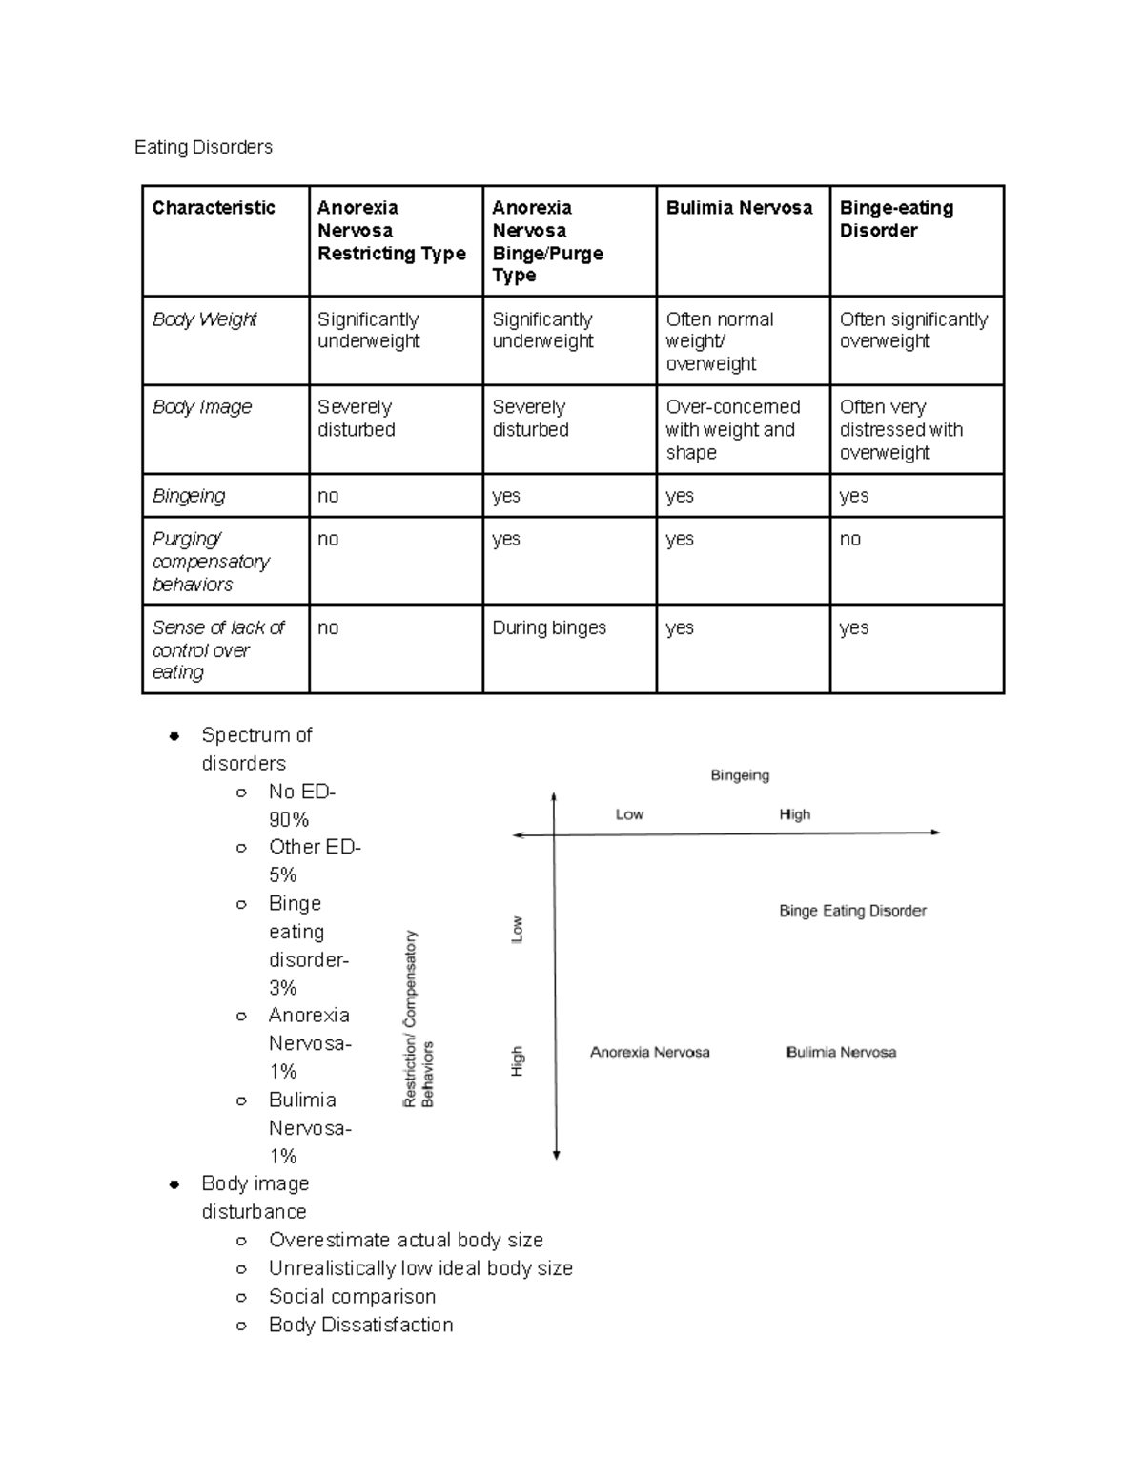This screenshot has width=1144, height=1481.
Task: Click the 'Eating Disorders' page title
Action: tap(203, 147)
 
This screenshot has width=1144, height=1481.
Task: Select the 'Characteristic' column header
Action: tap(214, 208)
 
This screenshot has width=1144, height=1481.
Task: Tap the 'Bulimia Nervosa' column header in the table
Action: tap(739, 208)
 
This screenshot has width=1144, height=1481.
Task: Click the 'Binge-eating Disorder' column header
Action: tap(896, 219)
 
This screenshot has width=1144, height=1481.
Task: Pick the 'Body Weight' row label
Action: tap(205, 319)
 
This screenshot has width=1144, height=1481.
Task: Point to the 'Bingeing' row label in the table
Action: tap(189, 496)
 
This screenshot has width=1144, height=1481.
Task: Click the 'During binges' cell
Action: tap(549, 627)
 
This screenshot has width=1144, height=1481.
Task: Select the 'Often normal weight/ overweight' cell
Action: tap(720, 341)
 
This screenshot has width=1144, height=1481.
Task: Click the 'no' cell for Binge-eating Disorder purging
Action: tap(850, 540)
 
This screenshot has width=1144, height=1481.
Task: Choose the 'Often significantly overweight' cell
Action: tap(913, 331)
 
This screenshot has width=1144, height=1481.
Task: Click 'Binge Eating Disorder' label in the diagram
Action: tap(852, 911)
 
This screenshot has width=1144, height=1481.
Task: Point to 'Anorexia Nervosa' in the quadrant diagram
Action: tap(649, 1053)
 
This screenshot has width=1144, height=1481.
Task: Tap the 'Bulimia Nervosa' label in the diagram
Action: tap(841, 1053)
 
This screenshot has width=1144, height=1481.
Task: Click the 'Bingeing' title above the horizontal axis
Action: tap(740, 775)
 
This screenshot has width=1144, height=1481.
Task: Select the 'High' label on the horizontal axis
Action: tap(794, 814)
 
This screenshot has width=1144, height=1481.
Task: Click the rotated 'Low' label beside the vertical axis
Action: tap(518, 929)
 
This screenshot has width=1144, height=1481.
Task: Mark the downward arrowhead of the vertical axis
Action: tap(557, 1155)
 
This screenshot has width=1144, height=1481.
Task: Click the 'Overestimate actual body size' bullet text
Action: tap(406, 1240)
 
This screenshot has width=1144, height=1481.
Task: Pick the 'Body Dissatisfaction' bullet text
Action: tap(361, 1325)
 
